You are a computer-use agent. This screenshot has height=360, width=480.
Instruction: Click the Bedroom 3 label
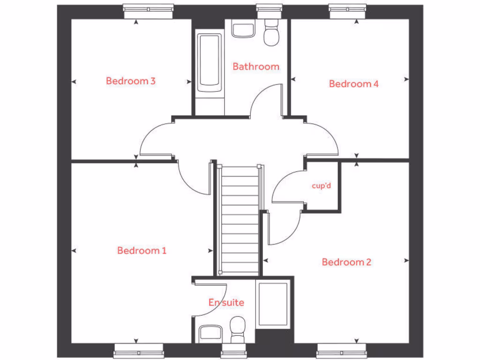click(x=130, y=81)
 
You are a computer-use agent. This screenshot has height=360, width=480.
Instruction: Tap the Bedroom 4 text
click(x=353, y=84)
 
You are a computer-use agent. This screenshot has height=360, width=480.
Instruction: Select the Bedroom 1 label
click(x=142, y=250)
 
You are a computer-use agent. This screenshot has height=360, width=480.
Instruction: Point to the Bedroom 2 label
click(x=346, y=262)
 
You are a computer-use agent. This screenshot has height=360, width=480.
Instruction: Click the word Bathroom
click(x=256, y=67)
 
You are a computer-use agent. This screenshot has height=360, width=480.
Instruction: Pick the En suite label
click(x=226, y=302)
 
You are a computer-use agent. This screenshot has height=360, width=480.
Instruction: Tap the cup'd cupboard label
click(x=322, y=186)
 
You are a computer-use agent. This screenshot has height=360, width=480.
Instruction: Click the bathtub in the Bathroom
click(x=210, y=63)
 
